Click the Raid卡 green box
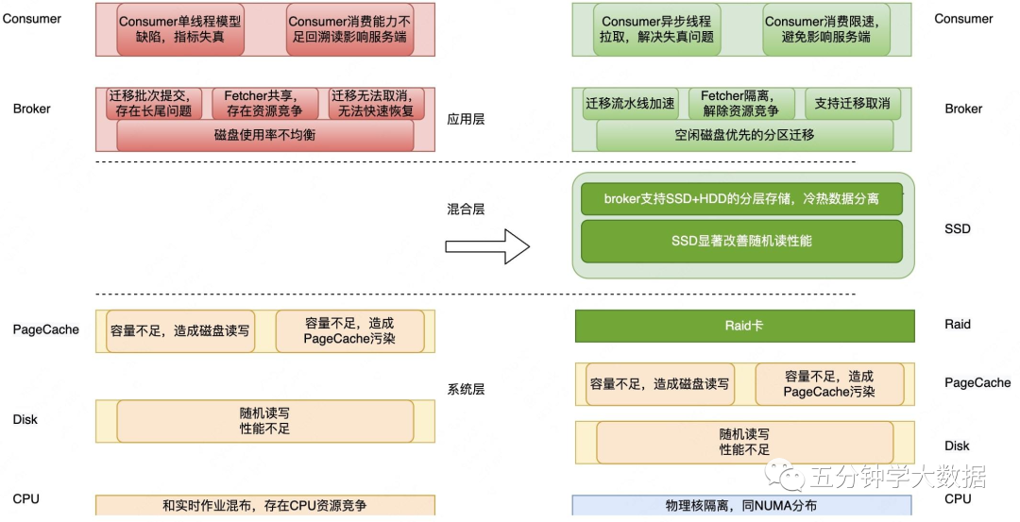pyautogui.click(x=744, y=325)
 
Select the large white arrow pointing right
pyautogui.click(x=486, y=247)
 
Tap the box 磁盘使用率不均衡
pyautogui.click(x=265, y=135)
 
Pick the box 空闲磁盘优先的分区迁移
pyautogui.click(x=744, y=135)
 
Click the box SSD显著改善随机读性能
pyautogui.click(x=741, y=241)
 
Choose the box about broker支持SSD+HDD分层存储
pyautogui.click(x=741, y=199)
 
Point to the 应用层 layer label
pyautogui.click(x=466, y=121)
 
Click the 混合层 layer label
pyautogui.click(x=466, y=209)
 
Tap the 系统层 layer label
pyautogui.click(x=466, y=389)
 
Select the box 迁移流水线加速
pyautogui.click(x=630, y=104)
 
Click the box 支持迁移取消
pyautogui.click(x=852, y=104)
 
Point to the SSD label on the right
pyautogui.click(x=958, y=229)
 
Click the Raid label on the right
pyautogui.click(x=958, y=325)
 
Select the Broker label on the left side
pyautogui.click(x=32, y=109)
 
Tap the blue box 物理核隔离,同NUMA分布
pyautogui.click(x=742, y=506)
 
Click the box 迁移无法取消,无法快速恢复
pyautogui.click(x=376, y=104)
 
